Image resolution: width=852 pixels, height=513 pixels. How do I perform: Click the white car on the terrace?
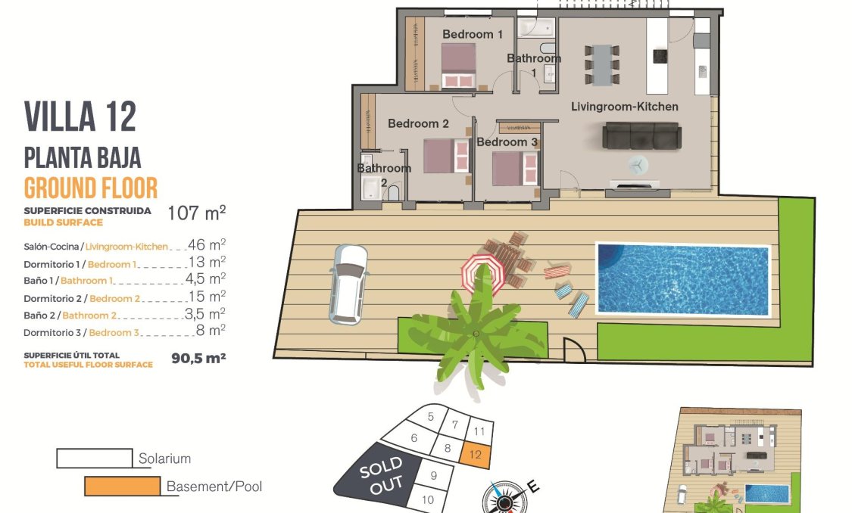tap(348, 282)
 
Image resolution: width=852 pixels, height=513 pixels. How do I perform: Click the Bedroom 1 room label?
tap(473, 34)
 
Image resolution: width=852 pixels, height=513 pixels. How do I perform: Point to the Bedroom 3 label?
tap(507, 142)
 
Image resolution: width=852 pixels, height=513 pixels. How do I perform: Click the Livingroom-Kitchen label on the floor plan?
tap(624, 107)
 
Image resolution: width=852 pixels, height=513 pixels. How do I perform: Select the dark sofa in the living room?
tap(641, 136)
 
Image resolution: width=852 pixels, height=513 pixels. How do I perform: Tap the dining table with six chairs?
tap(602, 64)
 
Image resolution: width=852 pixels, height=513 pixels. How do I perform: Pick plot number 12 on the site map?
tap(476, 455)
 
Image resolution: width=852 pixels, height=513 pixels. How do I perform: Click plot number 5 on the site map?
tap(430, 416)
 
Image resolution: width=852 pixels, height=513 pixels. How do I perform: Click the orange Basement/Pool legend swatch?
tap(122, 486)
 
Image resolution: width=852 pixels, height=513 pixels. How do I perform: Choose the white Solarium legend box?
tap(94, 458)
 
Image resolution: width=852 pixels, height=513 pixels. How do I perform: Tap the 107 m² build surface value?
tap(196, 213)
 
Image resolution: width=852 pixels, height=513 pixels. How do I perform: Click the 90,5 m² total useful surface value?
tap(198, 358)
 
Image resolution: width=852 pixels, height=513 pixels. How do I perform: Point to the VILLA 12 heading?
tap(80, 117)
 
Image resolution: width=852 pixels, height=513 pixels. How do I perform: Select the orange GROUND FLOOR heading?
tap(90, 187)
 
